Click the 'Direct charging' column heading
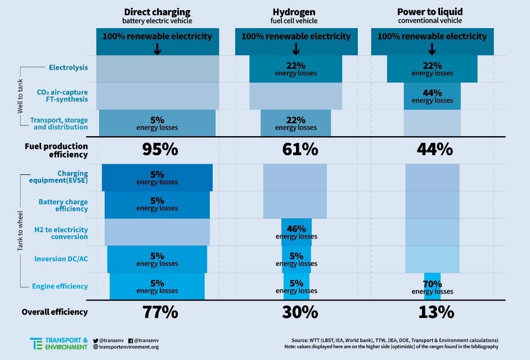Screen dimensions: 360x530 pyautogui.click(x=157, y=11)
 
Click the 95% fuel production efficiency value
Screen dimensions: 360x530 pyautogui.click(x=157, y=150)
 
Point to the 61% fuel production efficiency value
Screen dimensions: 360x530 pyautogui.click(x=295, y=150)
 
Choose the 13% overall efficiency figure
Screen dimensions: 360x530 pyautogui.click(x=432, y=312)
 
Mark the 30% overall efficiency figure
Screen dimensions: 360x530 pyautogui.click(x=295, y=312)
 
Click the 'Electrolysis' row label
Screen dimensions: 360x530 pyautogui.click(x=68, y=68)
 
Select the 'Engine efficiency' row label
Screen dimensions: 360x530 pyautogui.click(x=60, y=286)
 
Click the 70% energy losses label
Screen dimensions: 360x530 pyautogui.click(x=432, y=288)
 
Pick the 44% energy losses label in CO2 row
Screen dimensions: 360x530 pyautogui.click(x=432, y=96)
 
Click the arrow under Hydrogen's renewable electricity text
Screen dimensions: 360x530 pyautogui.click(x=295, y=49)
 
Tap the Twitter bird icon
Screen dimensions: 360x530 pyautogui.click(x=96, y=340)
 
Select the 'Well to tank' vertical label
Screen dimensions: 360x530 pyautogui.click(x=21, y=95)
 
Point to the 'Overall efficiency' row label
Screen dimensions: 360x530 pyautogui.click(x=55, y=312)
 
